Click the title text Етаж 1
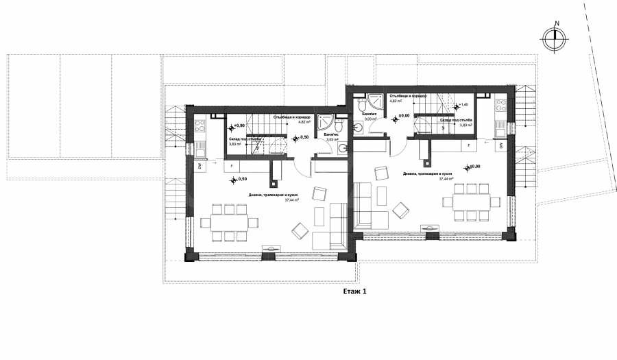(355, 291)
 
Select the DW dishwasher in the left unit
(199, 166)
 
